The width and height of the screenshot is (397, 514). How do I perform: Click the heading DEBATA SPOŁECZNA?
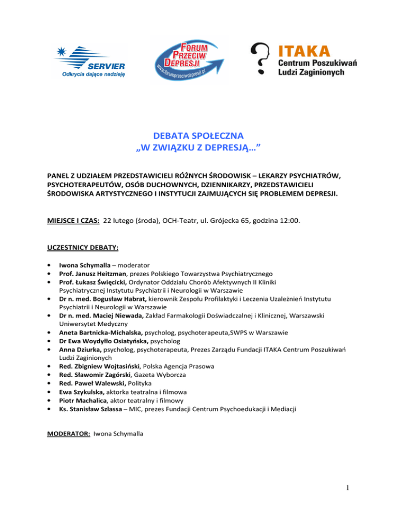click(x=198, y=137)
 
